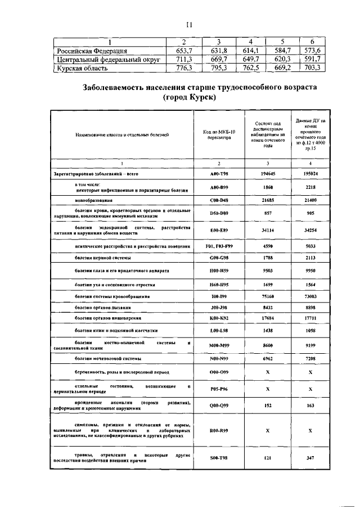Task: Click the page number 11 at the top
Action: pos(190,24)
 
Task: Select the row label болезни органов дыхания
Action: pos(102,308)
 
